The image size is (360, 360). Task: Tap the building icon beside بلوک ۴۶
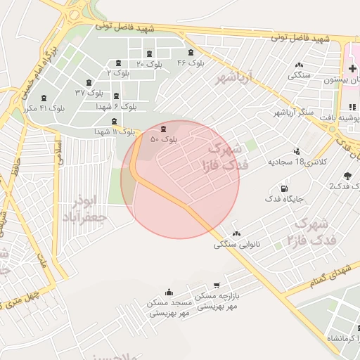point(191,53)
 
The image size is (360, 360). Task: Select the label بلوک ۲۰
point(149,64)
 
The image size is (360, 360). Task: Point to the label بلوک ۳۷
point(89,93)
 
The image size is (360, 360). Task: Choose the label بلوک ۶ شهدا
point(117,106)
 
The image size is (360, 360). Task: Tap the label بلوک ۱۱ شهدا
point(115,131)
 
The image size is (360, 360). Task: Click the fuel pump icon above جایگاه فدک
point(283,188)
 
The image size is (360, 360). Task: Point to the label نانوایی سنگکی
point(236,245)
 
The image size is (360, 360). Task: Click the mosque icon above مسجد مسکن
point(169,292)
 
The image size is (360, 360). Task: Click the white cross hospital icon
point(352,68)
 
